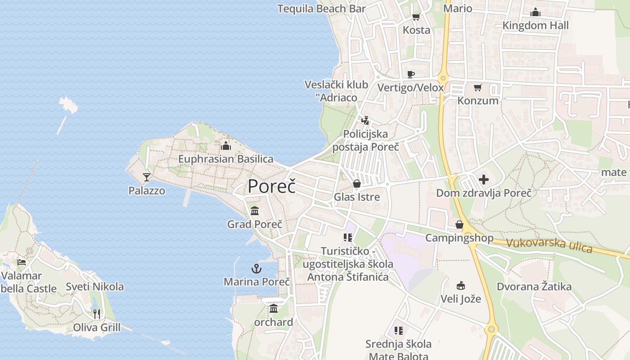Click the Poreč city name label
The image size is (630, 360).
[272, 186]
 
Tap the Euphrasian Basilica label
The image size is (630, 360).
[225, 159]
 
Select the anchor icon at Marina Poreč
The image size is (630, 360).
[256, 269]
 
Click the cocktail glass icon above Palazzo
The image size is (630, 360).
[146, 177]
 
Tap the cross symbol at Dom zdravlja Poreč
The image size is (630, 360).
[484, 180]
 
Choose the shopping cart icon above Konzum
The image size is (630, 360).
[477, 87]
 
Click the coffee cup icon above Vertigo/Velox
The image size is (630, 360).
[410, 74]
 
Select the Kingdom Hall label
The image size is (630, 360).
[535, 26]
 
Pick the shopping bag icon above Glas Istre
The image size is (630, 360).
[356, 184]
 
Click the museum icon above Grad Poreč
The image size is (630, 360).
[255, 211]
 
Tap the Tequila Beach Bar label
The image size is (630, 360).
[321, 9]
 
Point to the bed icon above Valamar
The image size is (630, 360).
[21, 262]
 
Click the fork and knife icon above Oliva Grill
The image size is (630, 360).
[96, 314]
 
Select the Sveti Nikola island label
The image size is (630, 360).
[94, 287]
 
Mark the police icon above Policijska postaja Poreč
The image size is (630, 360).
[365, 121]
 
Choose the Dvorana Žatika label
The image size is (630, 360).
[534, 287]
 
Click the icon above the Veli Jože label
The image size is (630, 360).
[460, 285]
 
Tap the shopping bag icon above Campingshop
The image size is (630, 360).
[459, 225]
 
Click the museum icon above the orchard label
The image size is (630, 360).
[274, 309]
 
